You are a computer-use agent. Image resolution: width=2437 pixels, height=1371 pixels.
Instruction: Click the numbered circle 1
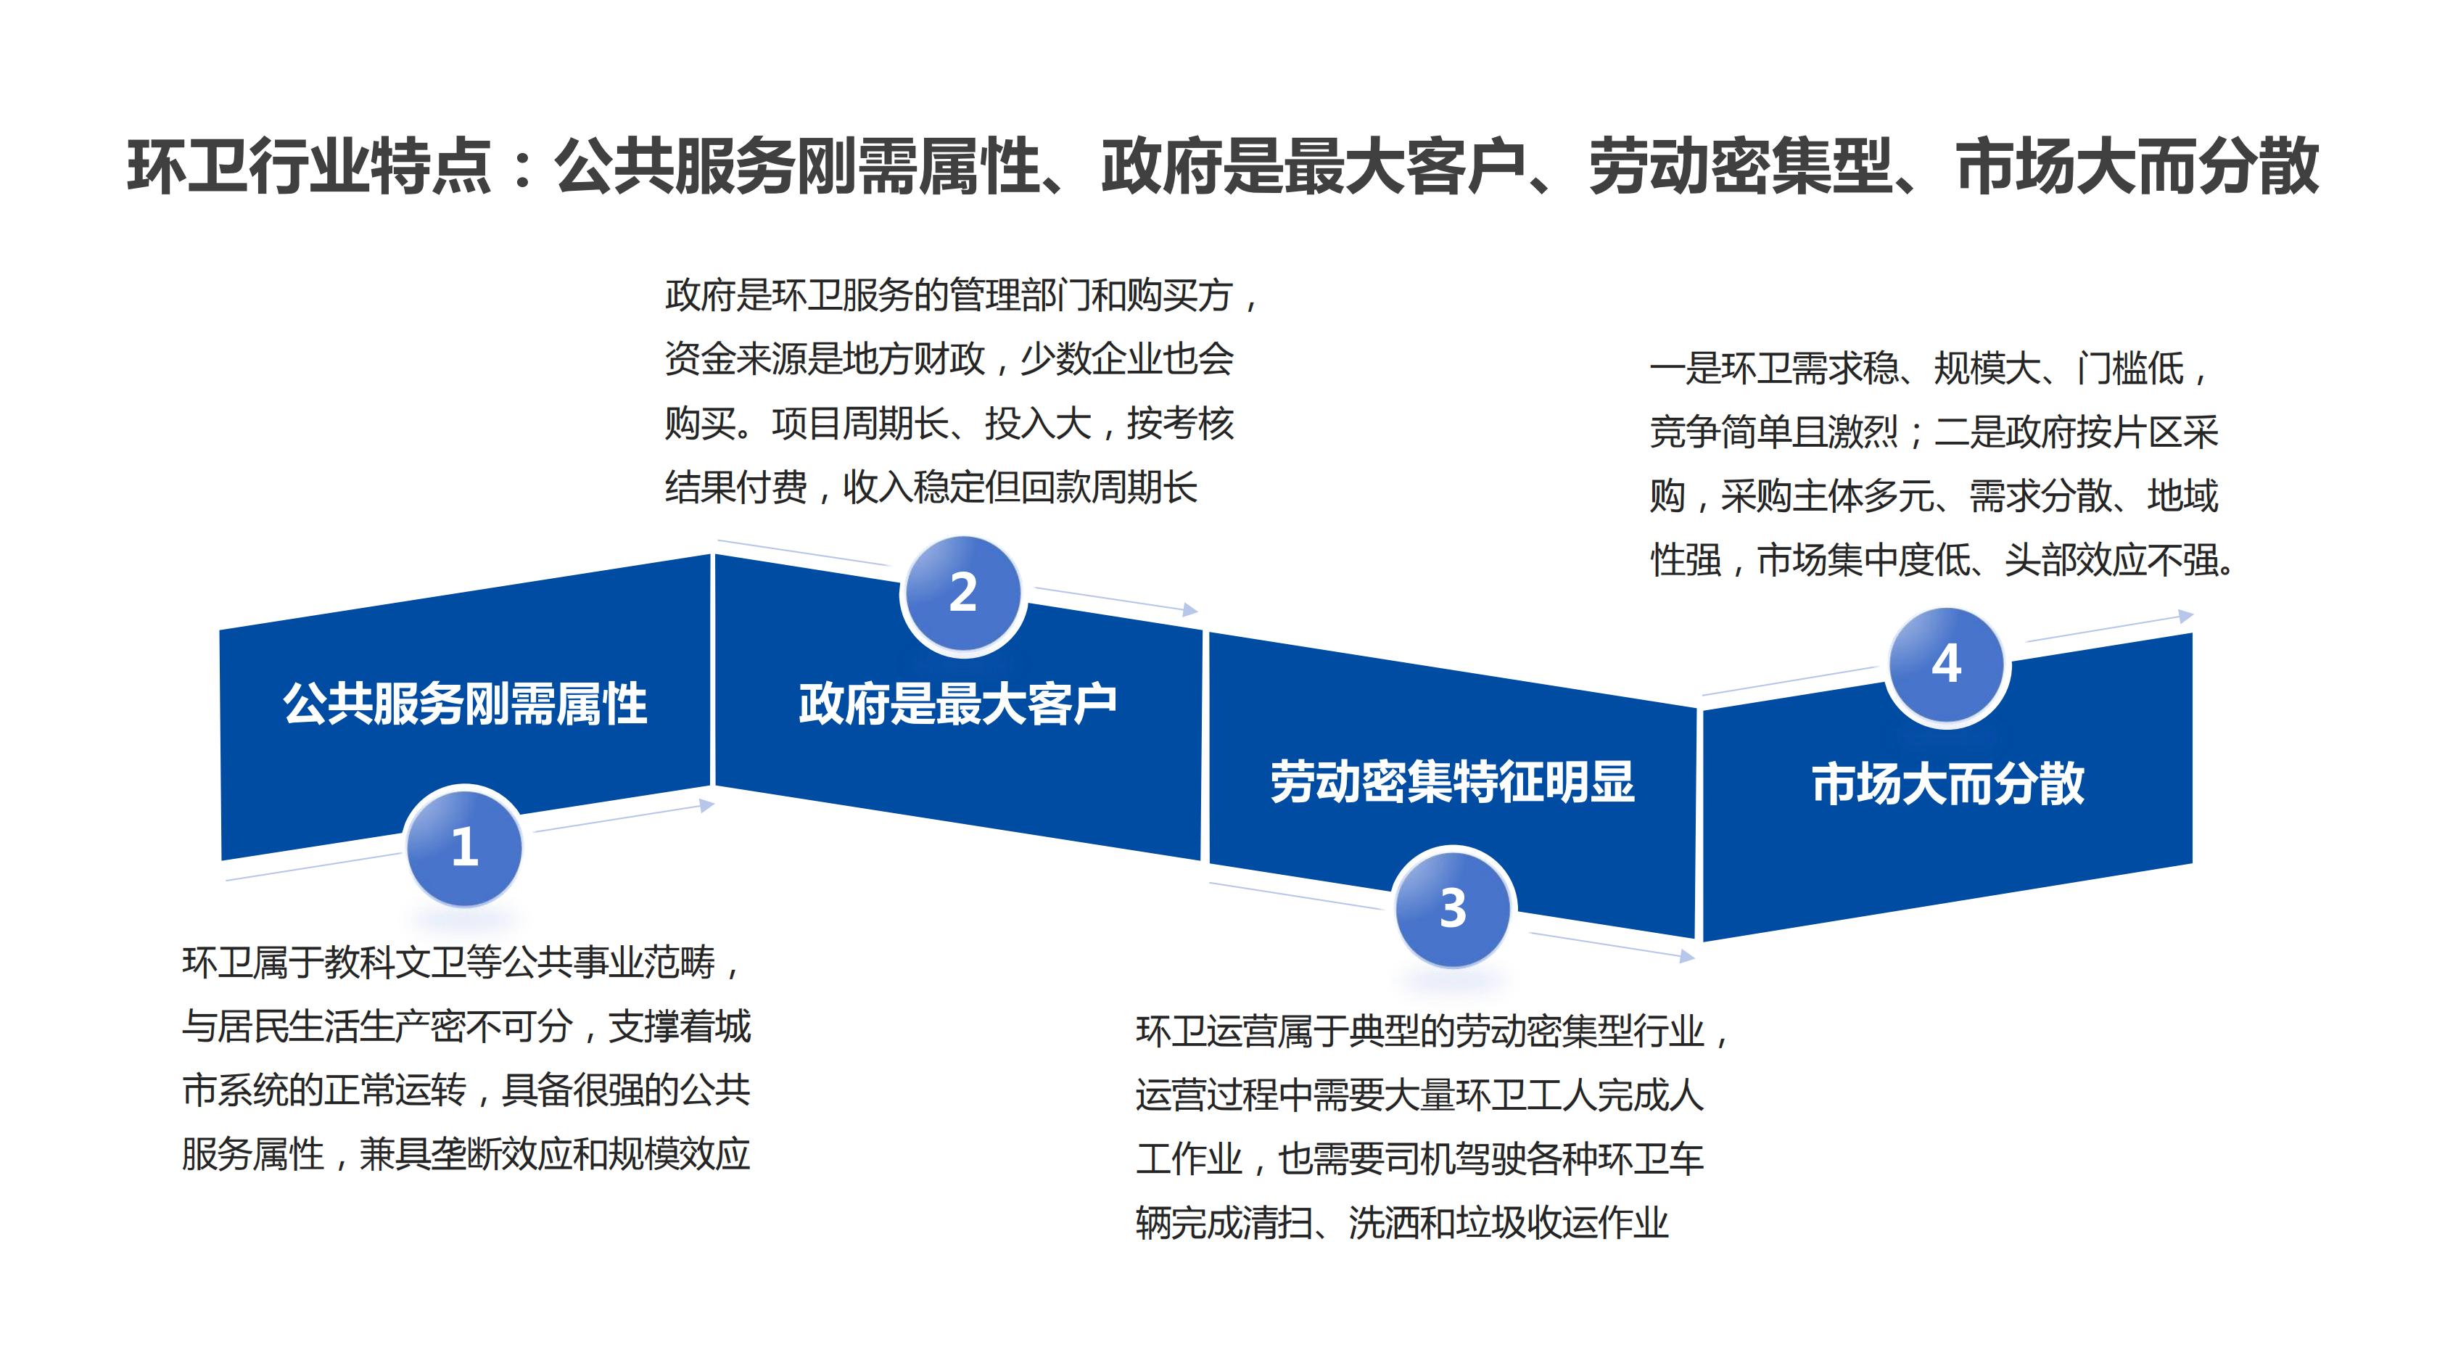click(463, 846)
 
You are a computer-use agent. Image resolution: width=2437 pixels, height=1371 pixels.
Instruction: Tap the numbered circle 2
click(963, 593)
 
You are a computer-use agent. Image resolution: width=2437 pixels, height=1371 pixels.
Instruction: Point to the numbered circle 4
click(1946, 665)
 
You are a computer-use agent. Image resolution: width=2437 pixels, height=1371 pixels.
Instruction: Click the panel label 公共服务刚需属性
click(464, 704)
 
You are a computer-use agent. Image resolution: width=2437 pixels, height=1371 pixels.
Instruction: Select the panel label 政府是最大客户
click(957, 704)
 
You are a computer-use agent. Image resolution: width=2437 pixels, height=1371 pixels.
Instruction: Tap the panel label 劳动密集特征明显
click(1452, 781)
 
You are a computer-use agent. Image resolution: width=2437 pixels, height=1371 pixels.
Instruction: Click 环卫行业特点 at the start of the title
click(310, 168)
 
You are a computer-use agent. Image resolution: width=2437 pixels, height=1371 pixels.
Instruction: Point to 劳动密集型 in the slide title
click(1741, 168)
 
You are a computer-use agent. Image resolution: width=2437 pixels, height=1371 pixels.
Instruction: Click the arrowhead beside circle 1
click(706, 805)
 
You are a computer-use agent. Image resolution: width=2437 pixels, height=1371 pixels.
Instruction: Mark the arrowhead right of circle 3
click(1686, 957)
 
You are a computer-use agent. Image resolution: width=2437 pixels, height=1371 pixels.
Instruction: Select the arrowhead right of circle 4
click(2185, 616)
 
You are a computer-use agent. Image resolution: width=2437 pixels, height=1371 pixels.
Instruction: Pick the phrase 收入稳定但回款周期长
click(1020, 488)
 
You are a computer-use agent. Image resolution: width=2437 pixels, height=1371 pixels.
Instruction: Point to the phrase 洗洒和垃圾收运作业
click(1509, 1222)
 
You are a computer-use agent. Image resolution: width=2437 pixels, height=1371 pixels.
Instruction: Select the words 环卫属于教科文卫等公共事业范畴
click(448, 963)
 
